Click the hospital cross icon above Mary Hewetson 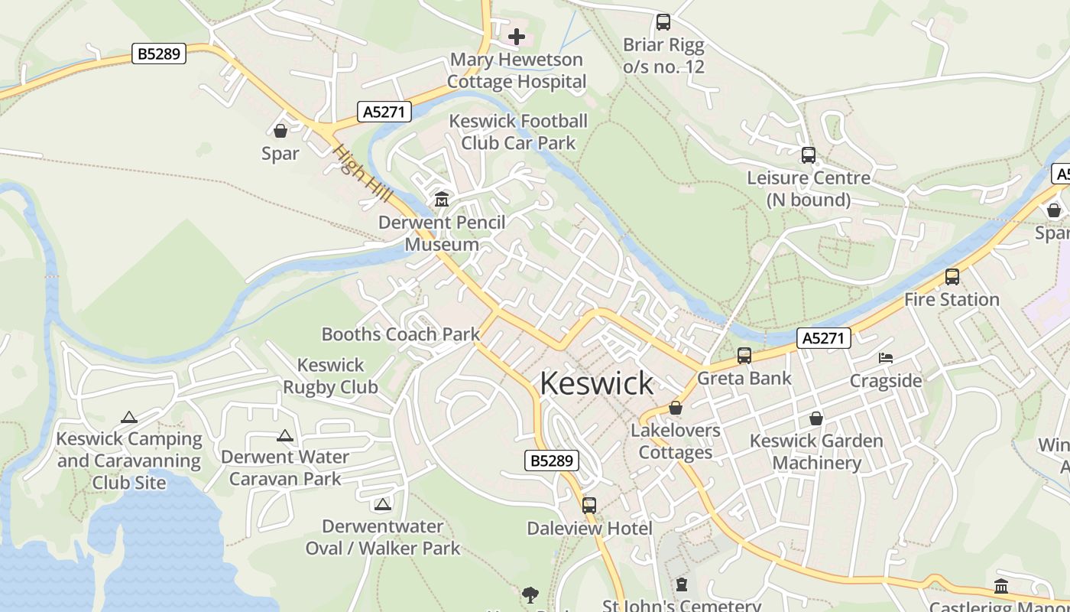(x=517, y=36)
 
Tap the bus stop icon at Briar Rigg (x=663, y=22)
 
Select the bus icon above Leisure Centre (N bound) (x=809, y=155)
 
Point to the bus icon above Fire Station (x=952, y=277)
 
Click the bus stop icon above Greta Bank (x=744, y=356)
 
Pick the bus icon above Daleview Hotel (x=589, y=506)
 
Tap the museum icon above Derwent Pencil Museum (x=442, y=200)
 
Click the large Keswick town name (x=597, y=383)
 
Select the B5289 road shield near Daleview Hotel (x=552, y=461)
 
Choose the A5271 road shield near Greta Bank (x=824, y=338)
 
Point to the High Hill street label (x=363, y=174)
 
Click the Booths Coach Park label (x=400, y=334)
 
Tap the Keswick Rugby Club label (x=331, y=376)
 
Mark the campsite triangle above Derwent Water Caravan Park (x=285, y=436)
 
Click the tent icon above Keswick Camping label (x=129, y=418)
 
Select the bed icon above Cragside (x=886, y=358)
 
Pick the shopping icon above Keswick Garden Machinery (x=816, y=418)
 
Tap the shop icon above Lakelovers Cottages (x=676, y=409)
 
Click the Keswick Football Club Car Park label (x=518, y=132)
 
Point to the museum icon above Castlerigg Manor (x=1001, y=587)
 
